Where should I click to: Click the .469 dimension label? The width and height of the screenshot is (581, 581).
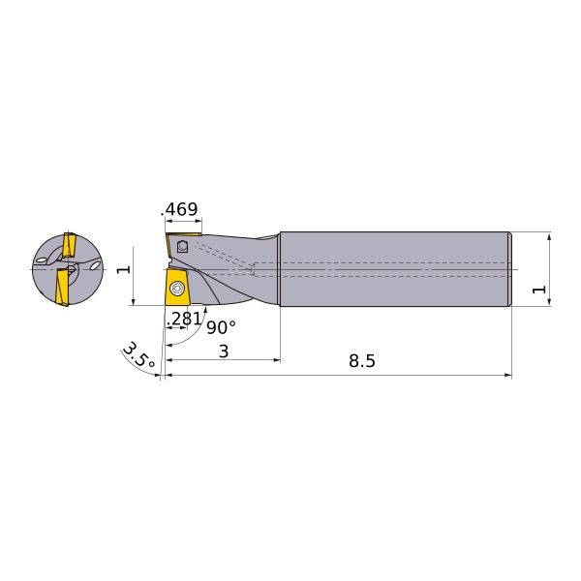(180, 209)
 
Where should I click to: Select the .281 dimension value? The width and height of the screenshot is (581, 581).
(185, 319)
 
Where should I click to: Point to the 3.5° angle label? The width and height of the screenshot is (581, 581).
(138, 355)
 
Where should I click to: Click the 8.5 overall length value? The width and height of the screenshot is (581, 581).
(361, 361)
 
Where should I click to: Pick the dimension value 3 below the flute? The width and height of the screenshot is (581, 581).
(224, 351)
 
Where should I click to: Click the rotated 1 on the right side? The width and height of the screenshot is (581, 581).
(538, 289)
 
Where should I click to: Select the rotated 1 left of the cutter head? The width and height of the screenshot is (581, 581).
(123, 269)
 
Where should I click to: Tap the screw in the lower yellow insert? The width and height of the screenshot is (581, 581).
(177, 289)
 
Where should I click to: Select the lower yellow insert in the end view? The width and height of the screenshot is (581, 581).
(63, 288)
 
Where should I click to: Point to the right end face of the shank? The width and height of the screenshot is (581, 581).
(510, 268)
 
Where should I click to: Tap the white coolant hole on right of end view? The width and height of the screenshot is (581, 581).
(95, 262)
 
